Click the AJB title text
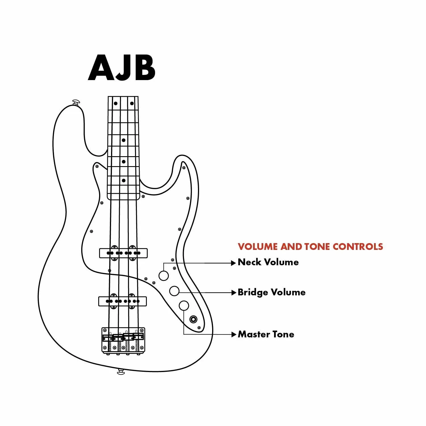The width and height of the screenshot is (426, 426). click(x=122, y=68)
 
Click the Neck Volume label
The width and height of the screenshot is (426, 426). click(x=268, y=262)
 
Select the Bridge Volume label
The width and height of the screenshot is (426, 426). click(x=272, y=292)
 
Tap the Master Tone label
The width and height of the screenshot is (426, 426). click(x=266, y=334)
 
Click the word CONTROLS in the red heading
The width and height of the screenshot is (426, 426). click(x=358, y=247)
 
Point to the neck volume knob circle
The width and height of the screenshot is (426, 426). click(x=164, y=275)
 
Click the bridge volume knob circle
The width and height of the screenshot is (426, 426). click(x=174, y=291)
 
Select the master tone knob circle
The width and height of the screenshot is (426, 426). click(x=184, y=306)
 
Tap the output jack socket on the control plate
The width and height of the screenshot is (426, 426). click(x=194, y=319)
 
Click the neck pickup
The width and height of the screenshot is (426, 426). click(x=123, y=253)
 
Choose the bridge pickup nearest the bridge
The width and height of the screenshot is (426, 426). click(x=123, y=301)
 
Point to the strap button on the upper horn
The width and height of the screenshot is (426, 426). click(x=76, y=102)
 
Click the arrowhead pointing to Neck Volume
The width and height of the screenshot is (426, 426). click(x=234, y=263)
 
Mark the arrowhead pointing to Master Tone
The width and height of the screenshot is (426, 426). click(x=234, y=334)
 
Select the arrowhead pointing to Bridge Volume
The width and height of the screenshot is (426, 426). click(x=234, y=292)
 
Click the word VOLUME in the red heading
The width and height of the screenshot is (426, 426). click(x=258, y=247)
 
